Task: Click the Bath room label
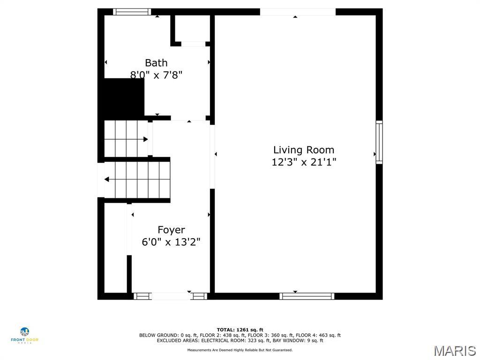click(156, 63)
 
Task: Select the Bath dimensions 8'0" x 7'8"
click(156, 75)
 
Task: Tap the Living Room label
click(304, 150)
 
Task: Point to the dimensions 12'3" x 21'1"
click(304, 162)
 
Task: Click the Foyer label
click(171, 230)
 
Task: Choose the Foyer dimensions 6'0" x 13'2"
click(171, 242)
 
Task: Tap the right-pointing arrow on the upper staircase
click(145, 139)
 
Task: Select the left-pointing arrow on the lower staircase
click(107, 179)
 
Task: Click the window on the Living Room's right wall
click(379, 142)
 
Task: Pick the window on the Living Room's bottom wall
click(307, 296)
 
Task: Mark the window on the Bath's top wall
click(132, 12)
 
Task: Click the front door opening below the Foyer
click(171, 296)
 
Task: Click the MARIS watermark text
click(455, 351)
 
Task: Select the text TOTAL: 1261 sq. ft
click(240, 330)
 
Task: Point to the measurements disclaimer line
click(240, 350)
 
